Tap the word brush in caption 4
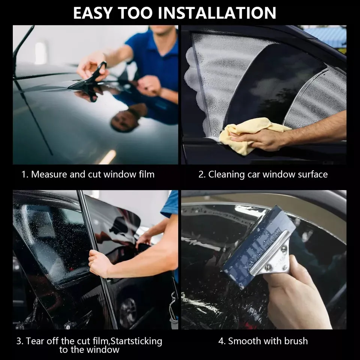pyautogui.click(x=296, y=341)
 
